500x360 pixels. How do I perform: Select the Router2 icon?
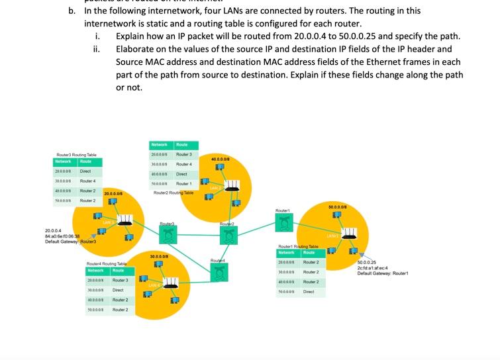pos(227,235)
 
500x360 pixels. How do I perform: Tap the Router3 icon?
pos(168,235)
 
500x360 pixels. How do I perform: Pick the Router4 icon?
pos(219,271)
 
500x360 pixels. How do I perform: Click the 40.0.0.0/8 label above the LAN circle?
pos(221,159)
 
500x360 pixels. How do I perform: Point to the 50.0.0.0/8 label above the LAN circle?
pos(338,207)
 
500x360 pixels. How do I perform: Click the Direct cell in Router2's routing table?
pos(181,174)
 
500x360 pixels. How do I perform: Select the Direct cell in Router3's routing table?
pos(85,171)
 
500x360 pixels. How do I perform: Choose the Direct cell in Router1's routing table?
pos(309,291)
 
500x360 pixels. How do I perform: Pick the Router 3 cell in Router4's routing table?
pos(120,280)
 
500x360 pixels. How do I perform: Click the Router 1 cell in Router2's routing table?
pos(183,184)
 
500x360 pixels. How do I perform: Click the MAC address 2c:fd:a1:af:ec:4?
pos(375,268)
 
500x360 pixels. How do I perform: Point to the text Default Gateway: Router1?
pos(383,273)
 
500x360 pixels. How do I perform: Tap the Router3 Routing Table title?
pos(76,155)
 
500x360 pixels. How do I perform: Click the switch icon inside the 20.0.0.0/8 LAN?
pos(125,220)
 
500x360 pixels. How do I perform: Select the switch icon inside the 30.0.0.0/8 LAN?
pos(170,283)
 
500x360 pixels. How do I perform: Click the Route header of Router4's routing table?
pos(119,270)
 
